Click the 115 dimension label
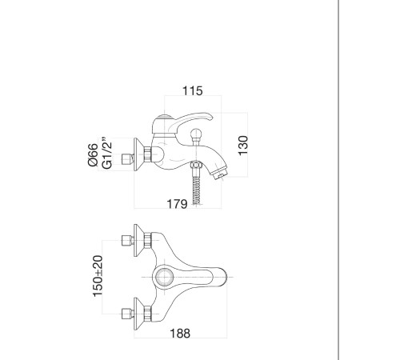193,90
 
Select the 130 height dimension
243,146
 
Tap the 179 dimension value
177,204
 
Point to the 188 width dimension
180,334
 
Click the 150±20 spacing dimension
98,276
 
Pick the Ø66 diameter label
93,154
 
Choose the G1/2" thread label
107,154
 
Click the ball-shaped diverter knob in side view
197,134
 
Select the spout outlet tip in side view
219,174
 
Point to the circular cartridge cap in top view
163,277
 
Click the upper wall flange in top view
138,240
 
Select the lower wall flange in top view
138,314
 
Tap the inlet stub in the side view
127,159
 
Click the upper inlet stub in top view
127,240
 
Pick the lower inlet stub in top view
127,314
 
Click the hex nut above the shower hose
196,166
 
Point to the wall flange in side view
138,154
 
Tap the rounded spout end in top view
223,277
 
